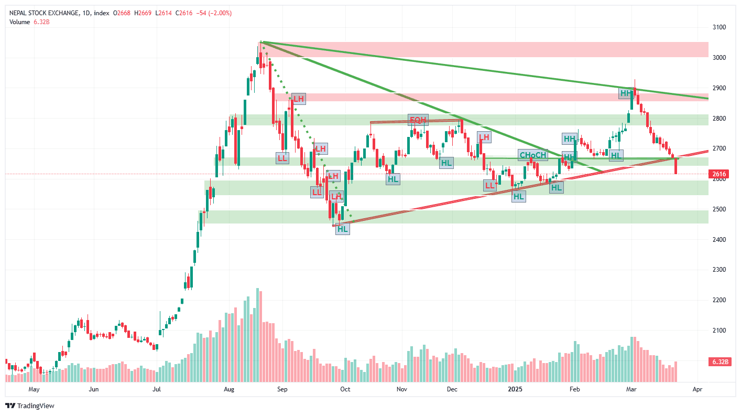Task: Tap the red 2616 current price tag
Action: click(x=719, y=174)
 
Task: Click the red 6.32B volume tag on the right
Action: click(x=718, y=362)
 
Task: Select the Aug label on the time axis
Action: click(x=229, y=390)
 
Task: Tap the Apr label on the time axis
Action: click(x=697, y=390)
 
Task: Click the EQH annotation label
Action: click(x=418, y=120)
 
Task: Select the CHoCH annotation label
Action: click(x=532, y=155)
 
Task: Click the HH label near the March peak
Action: click(x=626, y=94)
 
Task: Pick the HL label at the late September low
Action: click(x=343, y=229)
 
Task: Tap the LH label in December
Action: click(x=484, y=137)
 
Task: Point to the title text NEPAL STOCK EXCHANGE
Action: click(x=44, y=13)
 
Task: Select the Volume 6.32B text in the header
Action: click(x=29, y=22)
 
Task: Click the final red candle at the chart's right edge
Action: click(x=676, y=166)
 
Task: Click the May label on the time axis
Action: click(x=34, y=390)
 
